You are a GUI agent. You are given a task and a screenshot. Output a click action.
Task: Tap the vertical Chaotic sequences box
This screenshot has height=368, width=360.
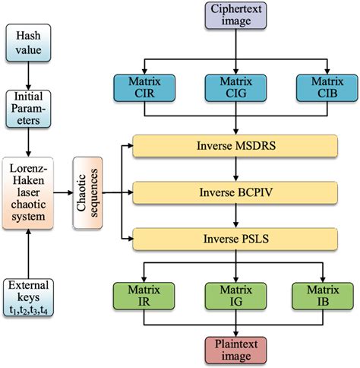(87, 192)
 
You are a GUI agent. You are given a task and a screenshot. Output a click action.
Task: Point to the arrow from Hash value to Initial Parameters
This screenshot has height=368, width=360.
(29, 75)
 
